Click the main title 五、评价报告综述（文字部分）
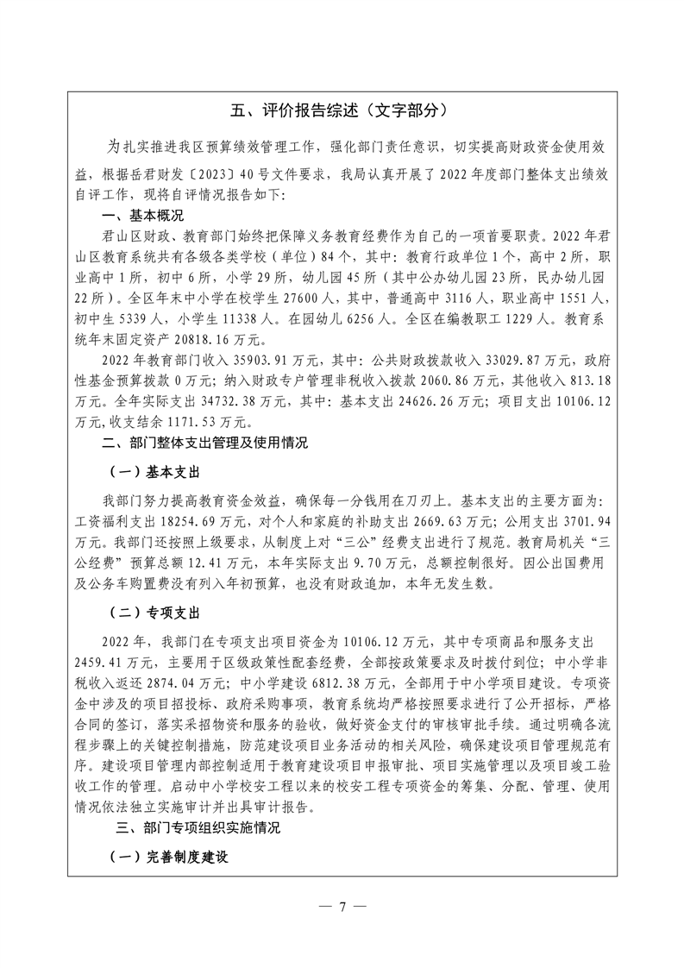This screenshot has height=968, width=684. tap(341, 110)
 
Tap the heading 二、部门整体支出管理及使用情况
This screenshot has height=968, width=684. tap(204, 443)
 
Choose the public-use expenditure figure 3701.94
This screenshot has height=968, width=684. tap(584, 519)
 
